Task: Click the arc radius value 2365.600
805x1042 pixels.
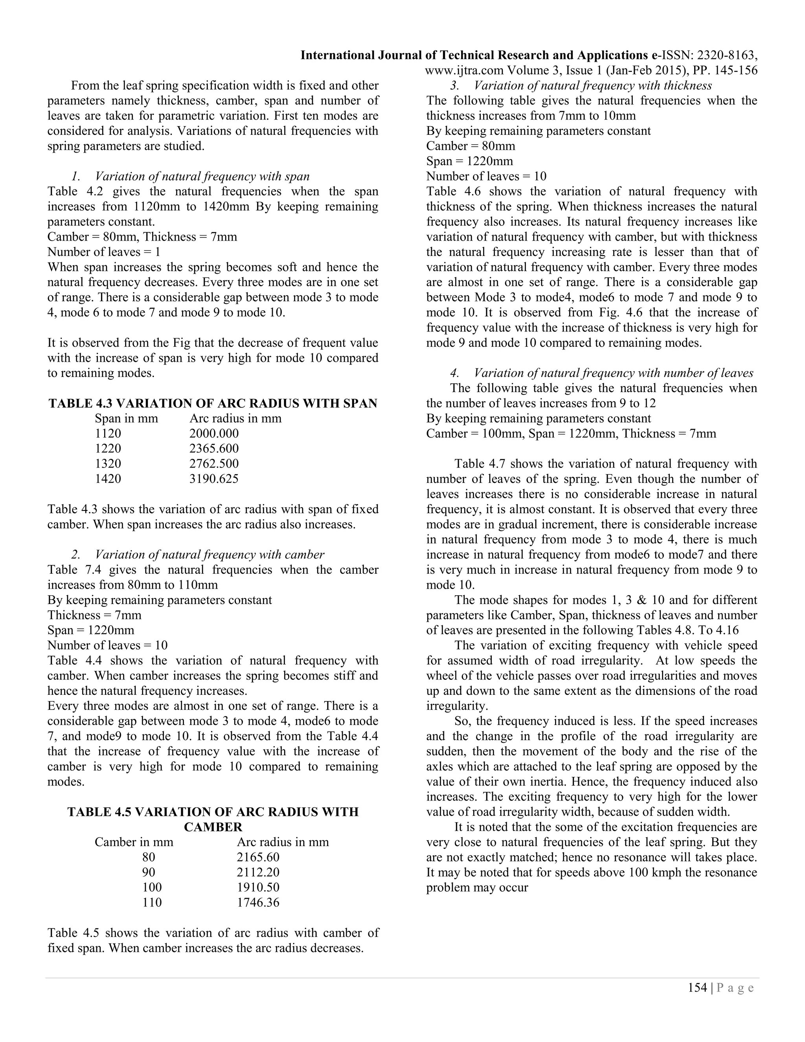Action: (x=214, y=449)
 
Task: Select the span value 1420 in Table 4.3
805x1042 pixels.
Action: (x=108, y=479)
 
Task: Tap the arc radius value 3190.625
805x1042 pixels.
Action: (x=214, y=479)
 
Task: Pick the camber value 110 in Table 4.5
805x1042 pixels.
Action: (x=152, y=902)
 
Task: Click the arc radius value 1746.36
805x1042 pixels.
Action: (x=258, y=902)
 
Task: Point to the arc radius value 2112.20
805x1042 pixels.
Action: (x=258, y=872)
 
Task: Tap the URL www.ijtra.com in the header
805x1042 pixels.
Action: (x=464, y=71)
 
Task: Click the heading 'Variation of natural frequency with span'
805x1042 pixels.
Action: (x=202, y=177)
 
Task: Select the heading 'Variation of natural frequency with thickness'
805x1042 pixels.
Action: (x=593, y=86)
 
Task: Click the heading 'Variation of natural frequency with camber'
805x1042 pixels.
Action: (x=210, y=554)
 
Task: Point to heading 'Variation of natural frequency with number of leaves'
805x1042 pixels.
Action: (x=613, y=373)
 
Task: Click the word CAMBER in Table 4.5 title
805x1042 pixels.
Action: (x=213, y=827)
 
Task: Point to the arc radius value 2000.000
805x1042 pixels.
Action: (x=214, y=433)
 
